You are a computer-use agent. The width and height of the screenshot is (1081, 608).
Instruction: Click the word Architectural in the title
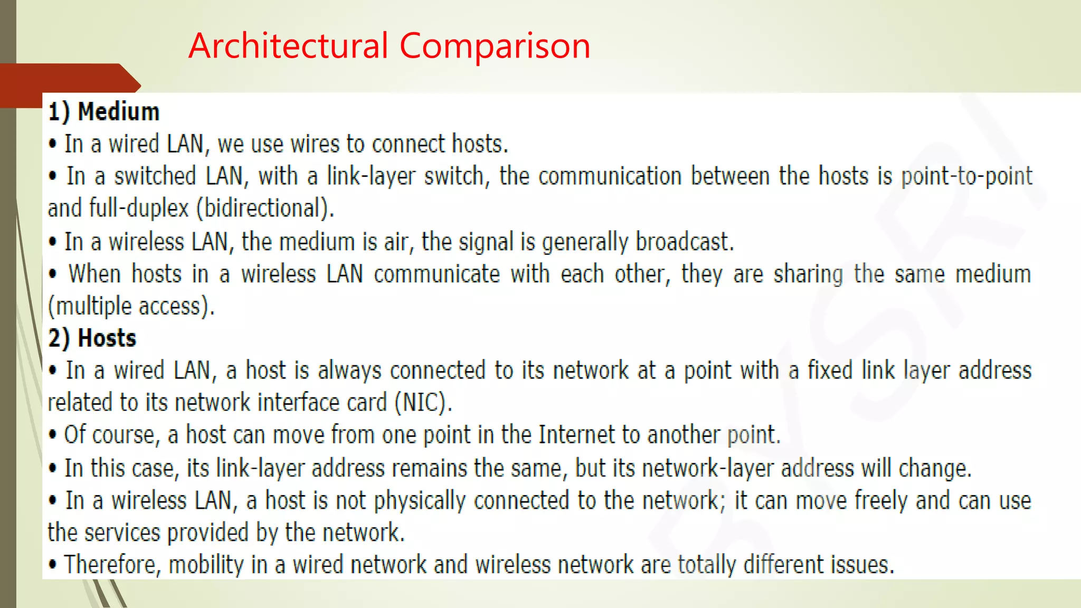point(288,46)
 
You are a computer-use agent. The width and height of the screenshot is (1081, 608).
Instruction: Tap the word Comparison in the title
point(495,46)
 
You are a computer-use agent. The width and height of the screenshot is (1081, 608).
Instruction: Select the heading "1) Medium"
point(103,112)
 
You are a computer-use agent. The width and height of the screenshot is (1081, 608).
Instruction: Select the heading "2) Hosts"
point(92,338)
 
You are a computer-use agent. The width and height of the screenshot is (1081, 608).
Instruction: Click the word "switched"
point(155,176)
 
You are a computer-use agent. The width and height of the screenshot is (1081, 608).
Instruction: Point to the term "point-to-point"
point(966,176)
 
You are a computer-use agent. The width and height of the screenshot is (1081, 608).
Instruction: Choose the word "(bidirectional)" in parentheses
point(265,208)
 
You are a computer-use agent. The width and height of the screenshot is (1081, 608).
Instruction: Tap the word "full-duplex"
point(139,208)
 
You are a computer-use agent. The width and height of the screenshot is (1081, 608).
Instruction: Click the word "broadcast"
point(684,242)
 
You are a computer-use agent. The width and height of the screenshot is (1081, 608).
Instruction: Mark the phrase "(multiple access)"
point(131,307)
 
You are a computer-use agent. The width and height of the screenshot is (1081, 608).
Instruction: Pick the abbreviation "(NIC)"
point(423,403)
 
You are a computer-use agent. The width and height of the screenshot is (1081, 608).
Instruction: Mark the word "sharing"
point(808,274)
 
